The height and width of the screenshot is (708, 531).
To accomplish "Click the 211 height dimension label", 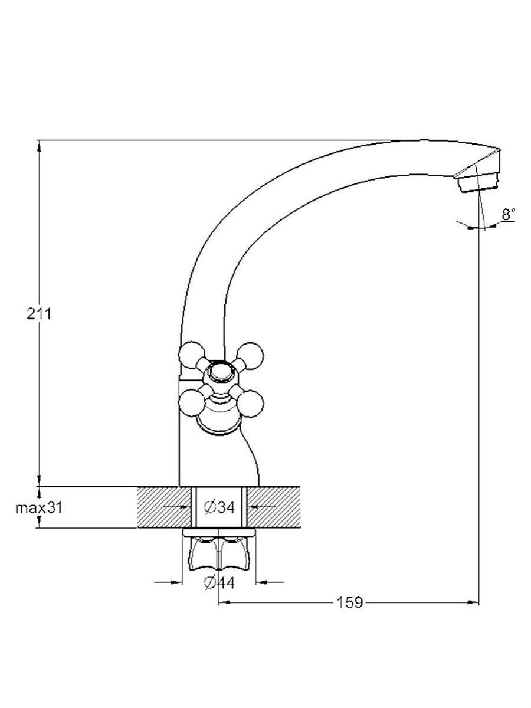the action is pos(39,313).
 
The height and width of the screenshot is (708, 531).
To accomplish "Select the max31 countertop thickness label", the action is pos(39,508).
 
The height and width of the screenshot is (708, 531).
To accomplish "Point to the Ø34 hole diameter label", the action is pos(219,507).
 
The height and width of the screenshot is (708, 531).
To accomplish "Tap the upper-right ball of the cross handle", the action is pos(250,355).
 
